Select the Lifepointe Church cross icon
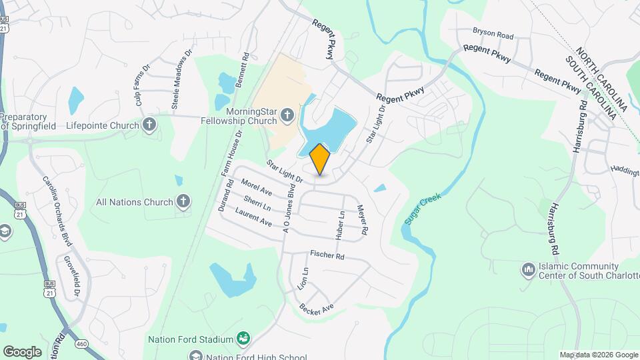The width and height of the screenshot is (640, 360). (x=149, y=125)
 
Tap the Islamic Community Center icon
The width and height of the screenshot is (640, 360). (x=528, y=270)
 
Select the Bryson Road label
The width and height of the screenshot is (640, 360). (x=493, y=33)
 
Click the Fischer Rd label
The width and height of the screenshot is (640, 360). (x=327, y=255)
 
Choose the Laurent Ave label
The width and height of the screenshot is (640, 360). (x=253, y=217)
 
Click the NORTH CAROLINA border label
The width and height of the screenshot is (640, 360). (x=603, y=79)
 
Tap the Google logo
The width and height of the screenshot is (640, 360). (x=22, y=351)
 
